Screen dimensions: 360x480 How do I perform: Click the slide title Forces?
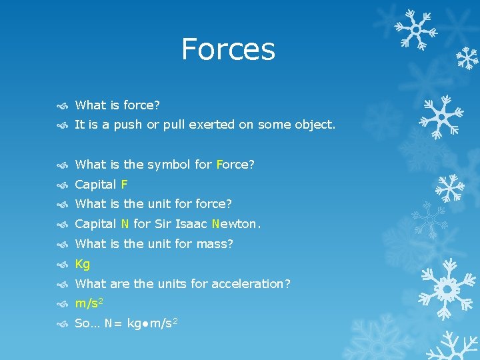coord(228,49)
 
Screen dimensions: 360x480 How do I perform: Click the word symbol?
coord(168,165)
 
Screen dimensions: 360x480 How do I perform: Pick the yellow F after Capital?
coord(125,185)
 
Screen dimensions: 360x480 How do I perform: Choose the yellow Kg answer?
coord(83,264)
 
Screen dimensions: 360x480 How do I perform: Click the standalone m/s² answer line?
coord(89,303)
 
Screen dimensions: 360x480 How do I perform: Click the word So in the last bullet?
coord(83,323)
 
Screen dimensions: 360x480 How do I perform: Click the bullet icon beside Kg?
coord(62,265)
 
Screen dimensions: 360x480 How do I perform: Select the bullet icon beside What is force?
coord(62,105)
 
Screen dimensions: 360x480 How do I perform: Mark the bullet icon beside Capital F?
coord(62,185)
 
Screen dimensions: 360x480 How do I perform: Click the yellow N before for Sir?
coord(125,225)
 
